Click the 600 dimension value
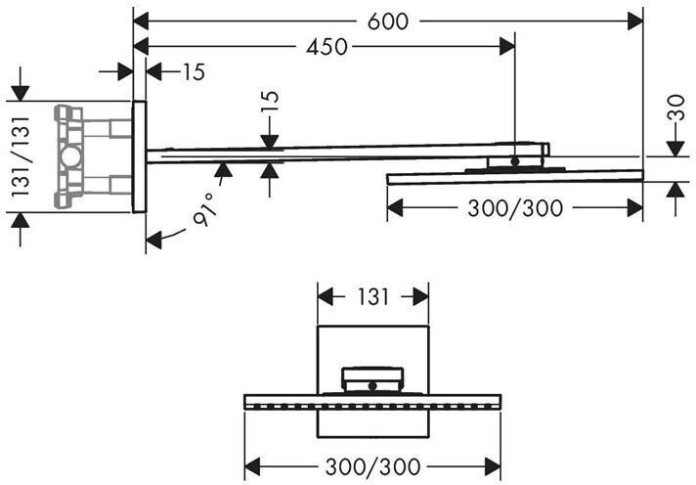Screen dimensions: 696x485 tap(388, 21)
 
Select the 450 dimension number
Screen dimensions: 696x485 tap(327, 47)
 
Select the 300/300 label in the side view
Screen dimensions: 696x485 tap(514, 207)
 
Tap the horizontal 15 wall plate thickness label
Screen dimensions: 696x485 tap(192, 71)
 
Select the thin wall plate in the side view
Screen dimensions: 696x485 tap(139, 156)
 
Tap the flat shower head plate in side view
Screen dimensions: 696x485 tap(515, 176)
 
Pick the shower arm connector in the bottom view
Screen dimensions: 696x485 tap(373, 379)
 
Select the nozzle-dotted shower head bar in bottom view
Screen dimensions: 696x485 tap(373, 401)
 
